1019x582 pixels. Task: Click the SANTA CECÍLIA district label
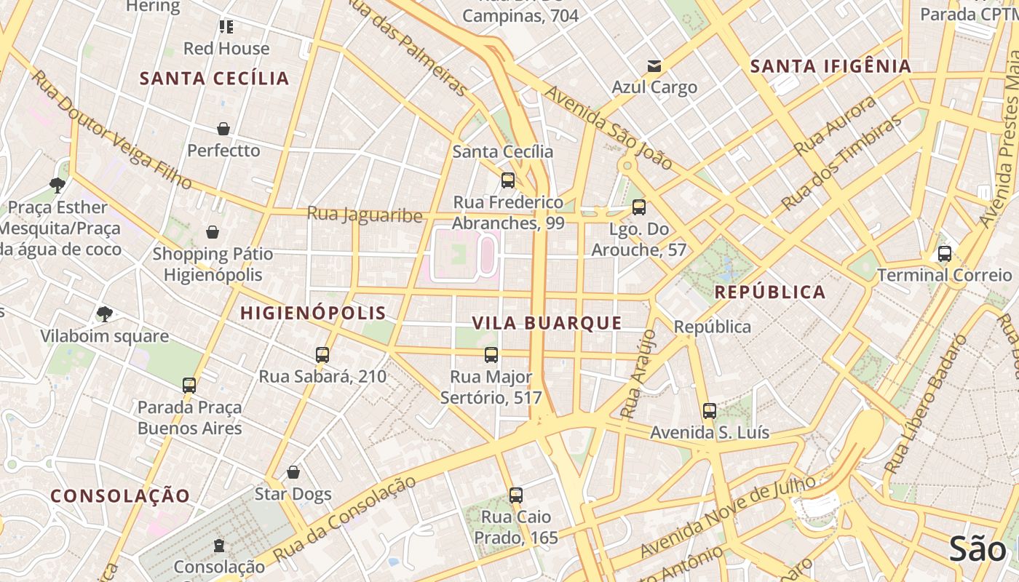215,79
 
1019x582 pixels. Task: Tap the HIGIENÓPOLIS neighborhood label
313,314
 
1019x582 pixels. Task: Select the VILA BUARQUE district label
547,323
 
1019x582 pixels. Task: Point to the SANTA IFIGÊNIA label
830,66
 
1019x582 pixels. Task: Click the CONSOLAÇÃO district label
120,496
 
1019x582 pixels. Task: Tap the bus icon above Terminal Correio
944,254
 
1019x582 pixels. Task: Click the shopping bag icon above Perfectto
223,129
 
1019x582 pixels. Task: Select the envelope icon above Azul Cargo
654,66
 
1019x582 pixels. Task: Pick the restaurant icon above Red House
226,27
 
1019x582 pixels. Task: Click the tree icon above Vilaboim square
104,314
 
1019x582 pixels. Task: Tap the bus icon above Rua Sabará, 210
322,355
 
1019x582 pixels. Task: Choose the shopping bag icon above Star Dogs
293,472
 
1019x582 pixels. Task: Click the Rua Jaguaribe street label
364,215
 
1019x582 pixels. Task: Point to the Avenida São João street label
608,128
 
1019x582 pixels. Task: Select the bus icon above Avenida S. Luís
710,410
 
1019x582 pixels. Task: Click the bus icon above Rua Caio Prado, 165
516,495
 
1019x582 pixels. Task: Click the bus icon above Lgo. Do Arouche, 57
639,207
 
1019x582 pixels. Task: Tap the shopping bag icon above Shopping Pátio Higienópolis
213,232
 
